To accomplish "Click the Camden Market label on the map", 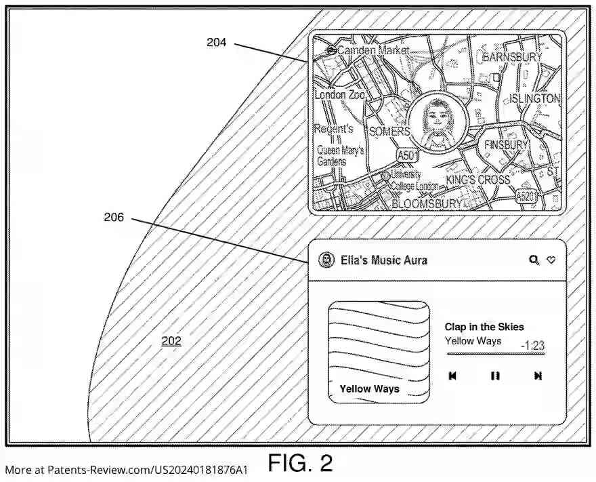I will [x=373, y=50].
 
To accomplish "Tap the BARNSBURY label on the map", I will [x=511, y=57].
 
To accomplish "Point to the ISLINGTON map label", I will [x=535, y=99].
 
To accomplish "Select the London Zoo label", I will [x=339, y=95].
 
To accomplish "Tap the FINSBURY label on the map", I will [x=505, y=145].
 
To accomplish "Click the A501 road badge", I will [x=406, y=155].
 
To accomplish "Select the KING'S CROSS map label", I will [x=478, y=180].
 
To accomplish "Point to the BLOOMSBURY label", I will [x=427, y=203].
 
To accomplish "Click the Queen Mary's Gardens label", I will [x=341, y=156].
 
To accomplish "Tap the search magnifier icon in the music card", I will [x=534, y=260].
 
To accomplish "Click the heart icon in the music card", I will [x=551, y=260].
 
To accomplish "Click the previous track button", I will [x=452, y=376].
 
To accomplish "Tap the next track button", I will [x=538, y=376].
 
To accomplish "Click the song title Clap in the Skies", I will [x=484, y=327].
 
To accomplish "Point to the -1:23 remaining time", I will [x=532, y=346].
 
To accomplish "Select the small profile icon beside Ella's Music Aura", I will [x=327, y=260].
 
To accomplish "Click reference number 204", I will [x=216, y=42].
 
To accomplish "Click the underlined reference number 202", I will [x=171, y=341].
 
